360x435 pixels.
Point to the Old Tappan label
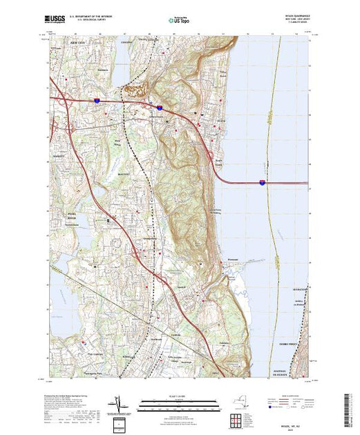[x=64, y=354]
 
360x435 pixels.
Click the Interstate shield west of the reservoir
[x=97, y=101]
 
